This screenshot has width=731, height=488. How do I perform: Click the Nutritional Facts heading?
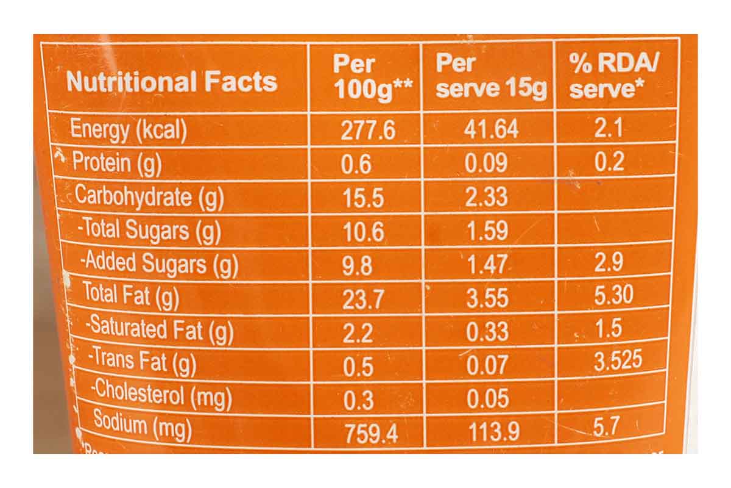pos(172,82)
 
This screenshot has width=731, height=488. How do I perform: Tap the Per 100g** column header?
pos(369,77)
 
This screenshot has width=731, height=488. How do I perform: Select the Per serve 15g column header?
pos(491,76)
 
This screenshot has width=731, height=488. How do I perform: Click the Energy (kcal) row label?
pos(129,130)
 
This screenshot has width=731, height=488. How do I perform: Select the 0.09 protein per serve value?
pos(486,163)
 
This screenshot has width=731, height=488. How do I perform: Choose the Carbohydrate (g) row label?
pos(149,196)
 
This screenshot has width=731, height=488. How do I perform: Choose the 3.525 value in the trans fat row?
pos(618,360)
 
